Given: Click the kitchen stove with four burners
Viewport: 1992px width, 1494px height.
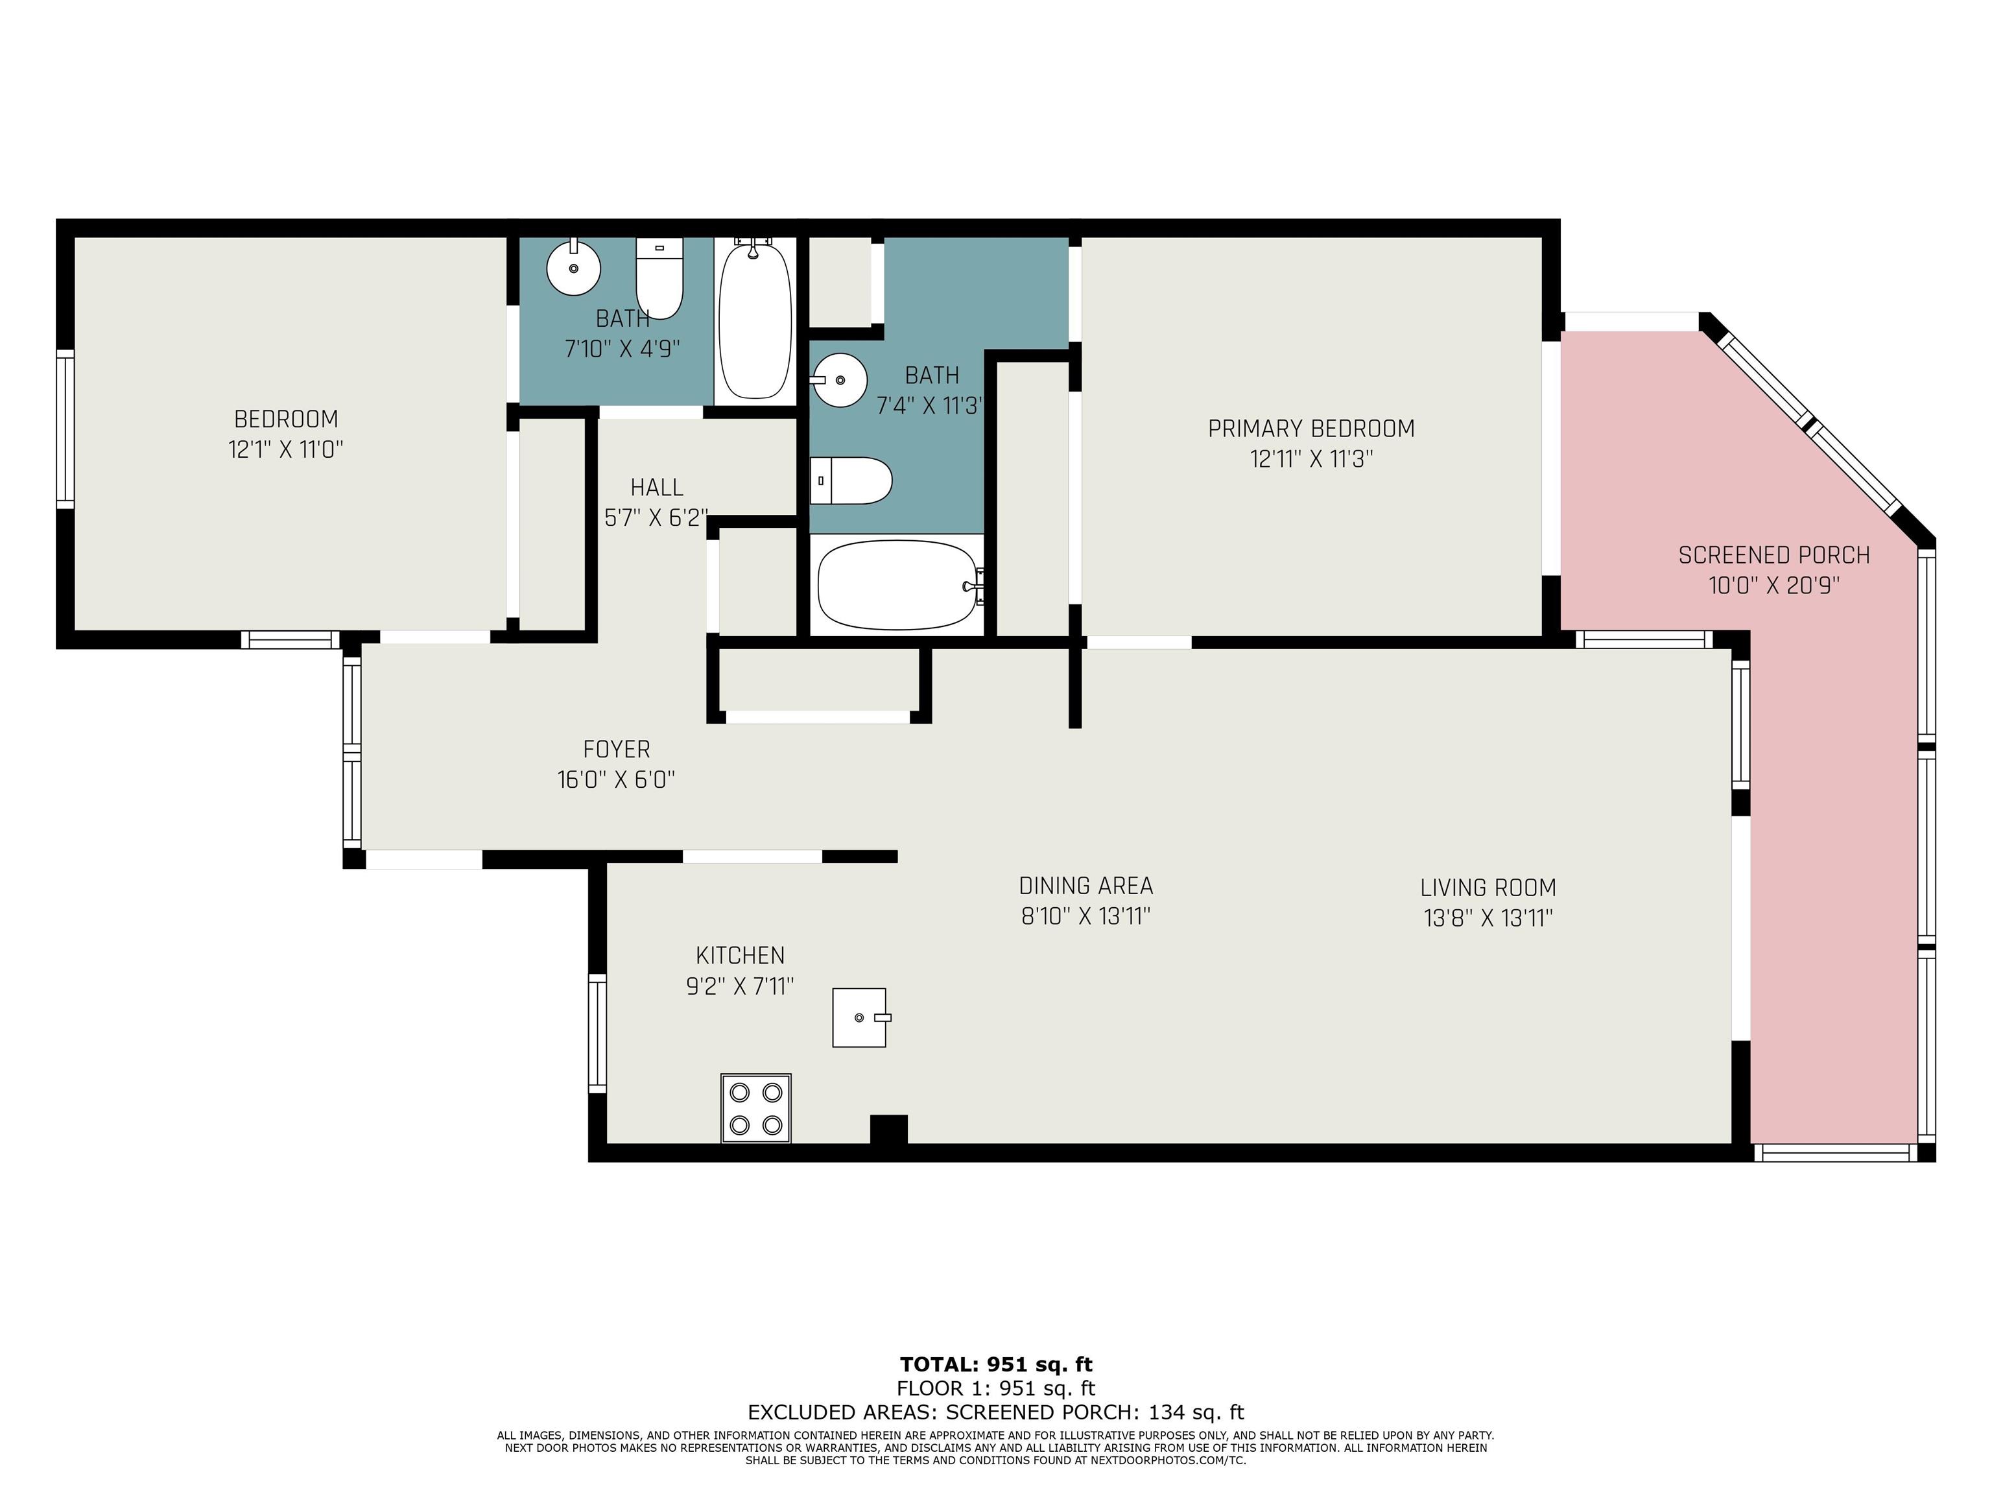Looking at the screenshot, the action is tap(755, 1108).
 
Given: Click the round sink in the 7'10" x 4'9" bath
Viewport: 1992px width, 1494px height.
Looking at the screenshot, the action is tap(574, 267).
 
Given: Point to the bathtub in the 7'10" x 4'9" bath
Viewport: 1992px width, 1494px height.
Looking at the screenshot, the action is tap(755, 320).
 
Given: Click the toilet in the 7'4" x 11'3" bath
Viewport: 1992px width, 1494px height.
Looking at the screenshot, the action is tap(851, 481).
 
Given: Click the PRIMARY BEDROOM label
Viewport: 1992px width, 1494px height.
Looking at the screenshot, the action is tap(1311, 429).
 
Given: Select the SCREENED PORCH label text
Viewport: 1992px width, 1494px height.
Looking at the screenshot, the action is tap(1774, 556).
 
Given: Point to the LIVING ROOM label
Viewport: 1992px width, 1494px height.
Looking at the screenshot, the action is tap(1488, 888).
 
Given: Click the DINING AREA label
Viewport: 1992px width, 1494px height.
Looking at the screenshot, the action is tap(1086, 886).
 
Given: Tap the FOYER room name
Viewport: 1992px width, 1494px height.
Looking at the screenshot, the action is tap(617, 749).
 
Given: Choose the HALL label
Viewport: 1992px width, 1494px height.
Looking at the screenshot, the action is tap(656, 487).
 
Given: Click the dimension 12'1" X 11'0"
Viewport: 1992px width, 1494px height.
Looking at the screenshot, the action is tap(285, 449).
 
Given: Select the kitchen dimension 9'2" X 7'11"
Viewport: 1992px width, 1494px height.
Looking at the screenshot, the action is tap(739, 987).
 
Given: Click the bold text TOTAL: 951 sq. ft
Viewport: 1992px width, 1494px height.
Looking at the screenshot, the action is tap(996, 1364).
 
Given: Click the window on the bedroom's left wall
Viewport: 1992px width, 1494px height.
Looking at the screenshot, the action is tap(65, 429).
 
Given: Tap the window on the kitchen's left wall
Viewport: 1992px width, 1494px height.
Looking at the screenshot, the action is tap(597, 1033).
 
